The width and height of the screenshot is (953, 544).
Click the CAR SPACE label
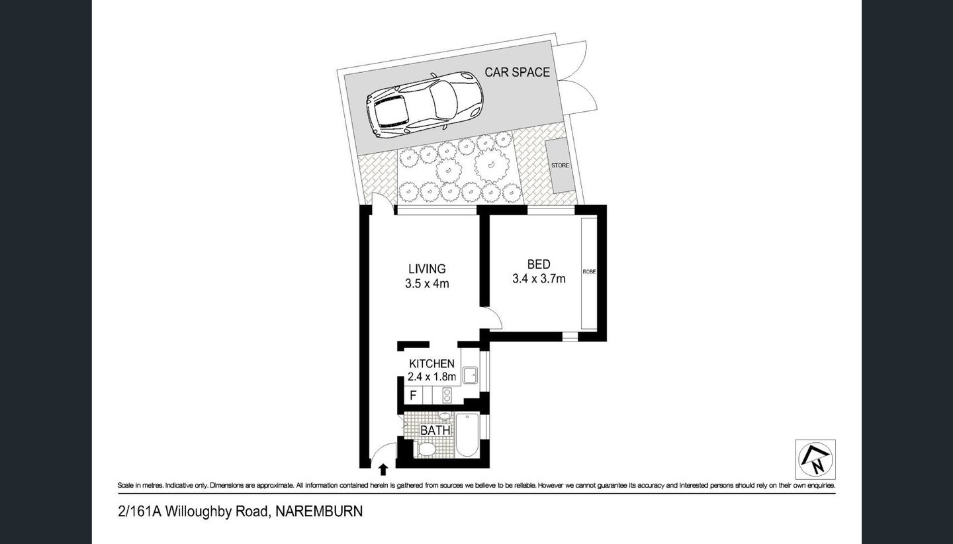pos(517,72)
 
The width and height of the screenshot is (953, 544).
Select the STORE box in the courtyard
pos(560,165)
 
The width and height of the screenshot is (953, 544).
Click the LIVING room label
pos(427,269)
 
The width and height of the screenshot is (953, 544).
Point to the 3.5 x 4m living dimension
pos(427,284)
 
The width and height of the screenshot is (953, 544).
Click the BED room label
pos(538,264)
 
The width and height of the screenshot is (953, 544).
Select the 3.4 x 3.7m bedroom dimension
pos(538,279)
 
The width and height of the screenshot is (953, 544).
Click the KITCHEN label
pos(431,363)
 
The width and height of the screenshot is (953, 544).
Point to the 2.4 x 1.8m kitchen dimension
pos(431,377)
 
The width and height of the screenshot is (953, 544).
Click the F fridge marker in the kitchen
pos(413,396)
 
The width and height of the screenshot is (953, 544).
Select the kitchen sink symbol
pos(470,376)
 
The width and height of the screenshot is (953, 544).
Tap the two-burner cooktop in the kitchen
pos(447,395)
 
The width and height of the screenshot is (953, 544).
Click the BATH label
pos(435,430)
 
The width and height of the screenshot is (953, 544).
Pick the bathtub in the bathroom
pos(467,435)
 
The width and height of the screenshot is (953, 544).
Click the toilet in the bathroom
pos(427,450)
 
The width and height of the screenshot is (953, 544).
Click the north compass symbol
pos(815,459)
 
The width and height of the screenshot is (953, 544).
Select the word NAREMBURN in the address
pos(319,511)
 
